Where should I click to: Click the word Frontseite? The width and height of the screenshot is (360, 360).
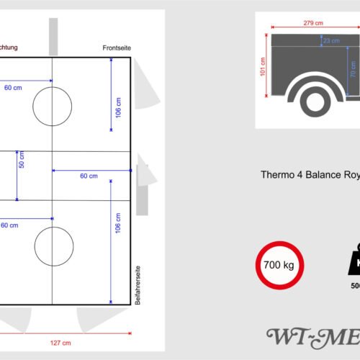point(117,48)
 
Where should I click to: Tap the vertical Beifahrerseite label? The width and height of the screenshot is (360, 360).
point(137,286)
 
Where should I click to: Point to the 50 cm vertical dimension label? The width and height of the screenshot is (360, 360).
point(22,160)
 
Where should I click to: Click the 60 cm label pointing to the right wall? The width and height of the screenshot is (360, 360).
point(89,176)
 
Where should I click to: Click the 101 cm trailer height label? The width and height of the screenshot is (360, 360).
point(263,66)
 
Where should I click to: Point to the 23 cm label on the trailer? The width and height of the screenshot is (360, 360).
point(331,41)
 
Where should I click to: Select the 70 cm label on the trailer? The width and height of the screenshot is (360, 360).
point(353,69)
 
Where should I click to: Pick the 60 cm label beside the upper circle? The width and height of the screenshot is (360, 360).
point(13,88)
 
